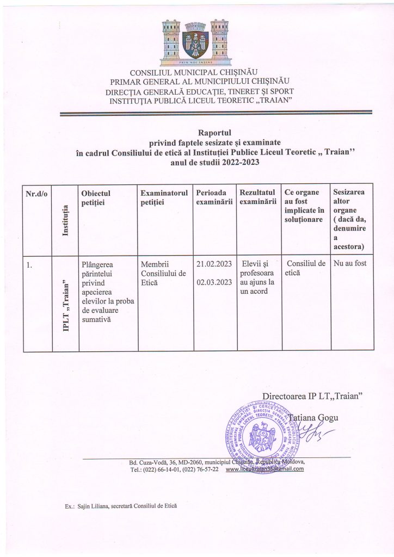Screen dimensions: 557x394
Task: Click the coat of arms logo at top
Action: (195, 42)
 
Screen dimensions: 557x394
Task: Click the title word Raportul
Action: (215, 132)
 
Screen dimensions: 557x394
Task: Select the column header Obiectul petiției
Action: (95, 197)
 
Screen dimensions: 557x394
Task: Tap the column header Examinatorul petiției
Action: (164, 197)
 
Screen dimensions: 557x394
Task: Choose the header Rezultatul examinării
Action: (257, 197)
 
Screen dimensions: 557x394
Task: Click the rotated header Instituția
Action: (66, 219)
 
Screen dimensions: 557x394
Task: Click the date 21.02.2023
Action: (214, 264)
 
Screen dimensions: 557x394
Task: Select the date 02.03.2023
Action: (214, 282)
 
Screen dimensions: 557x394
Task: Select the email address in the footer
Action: (264, 469)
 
